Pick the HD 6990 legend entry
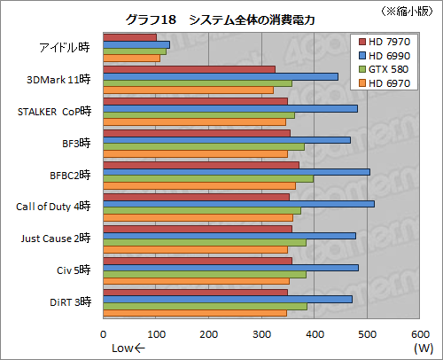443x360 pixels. pyautogui.click(x=386, y=56)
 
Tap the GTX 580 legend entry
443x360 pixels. pyautogui.click(x=386, y=70)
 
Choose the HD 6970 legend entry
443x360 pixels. pyautogui.click(x=386, y=83)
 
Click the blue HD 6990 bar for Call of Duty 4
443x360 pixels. pyautogui.click(x=238, y=203)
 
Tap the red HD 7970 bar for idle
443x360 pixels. pyautogui.click(x=130, y=37)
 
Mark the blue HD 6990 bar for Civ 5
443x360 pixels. pyautogui.click(x=230, y=267)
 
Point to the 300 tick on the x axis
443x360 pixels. pyautogui.click(x=261, y=334)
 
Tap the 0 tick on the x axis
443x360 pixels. pyautogui.click(x=105, y=334)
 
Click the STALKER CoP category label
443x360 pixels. pyautogui.click(x=53, y=111)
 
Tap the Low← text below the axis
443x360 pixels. pyautogui.click(x=127, y=348)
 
